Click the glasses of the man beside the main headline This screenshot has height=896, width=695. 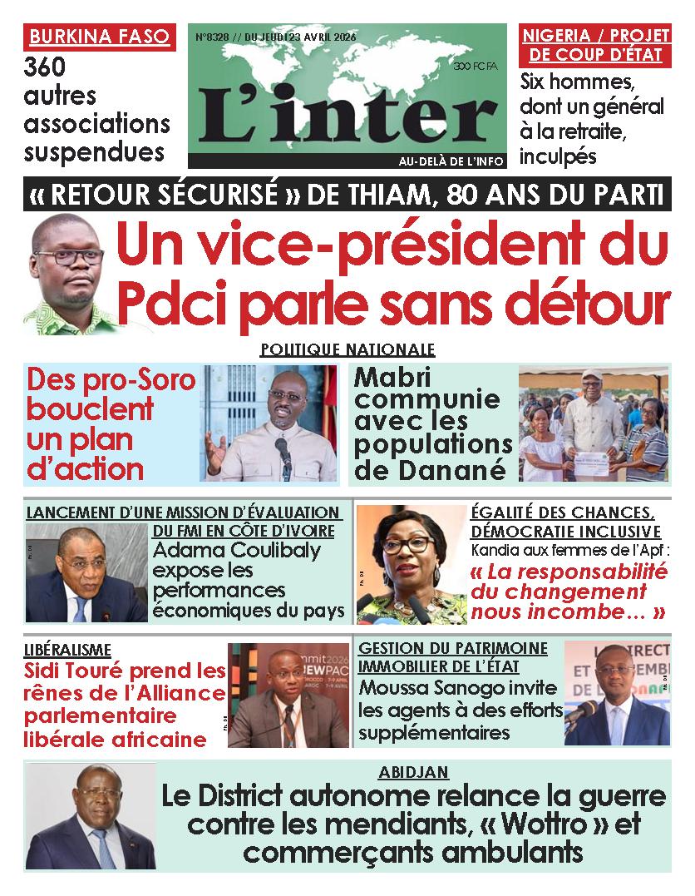pos(69,257)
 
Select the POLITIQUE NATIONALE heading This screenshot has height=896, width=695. pos(347,349)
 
